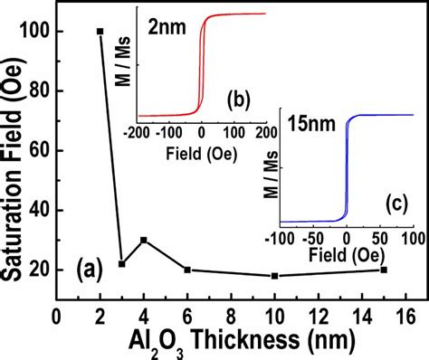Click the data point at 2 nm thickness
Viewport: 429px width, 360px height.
(100, 32)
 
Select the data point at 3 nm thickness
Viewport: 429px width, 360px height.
(121, 263)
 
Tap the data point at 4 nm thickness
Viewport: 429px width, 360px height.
(143, 240)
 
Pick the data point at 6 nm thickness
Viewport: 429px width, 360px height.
(186, 270)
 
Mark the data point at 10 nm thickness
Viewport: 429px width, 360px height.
(274, 275)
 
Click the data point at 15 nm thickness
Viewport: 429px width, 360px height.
(384, 270)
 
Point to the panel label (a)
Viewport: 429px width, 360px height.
(91, 268)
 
